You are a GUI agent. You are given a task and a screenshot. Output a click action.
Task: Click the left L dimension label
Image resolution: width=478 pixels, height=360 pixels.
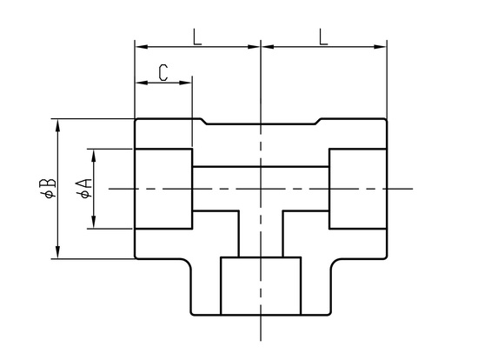tap(197, 37)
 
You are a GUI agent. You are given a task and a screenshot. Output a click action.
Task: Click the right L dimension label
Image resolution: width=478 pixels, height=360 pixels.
tap(323, 37)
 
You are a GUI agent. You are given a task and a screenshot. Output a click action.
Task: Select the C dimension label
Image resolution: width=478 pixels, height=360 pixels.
tap(163, 73)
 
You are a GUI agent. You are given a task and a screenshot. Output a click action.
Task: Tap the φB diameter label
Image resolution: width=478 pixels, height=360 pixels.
tap(48, 188)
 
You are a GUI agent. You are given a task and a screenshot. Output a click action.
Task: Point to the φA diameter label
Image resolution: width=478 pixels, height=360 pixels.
tap(83, 188)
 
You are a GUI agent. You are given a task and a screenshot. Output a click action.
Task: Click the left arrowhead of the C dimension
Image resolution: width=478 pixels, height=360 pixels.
tap(142, 83)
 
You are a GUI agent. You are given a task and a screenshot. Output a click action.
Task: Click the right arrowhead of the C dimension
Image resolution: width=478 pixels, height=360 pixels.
tap(185, 83)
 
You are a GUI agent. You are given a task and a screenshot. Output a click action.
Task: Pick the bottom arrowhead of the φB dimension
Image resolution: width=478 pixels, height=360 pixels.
tap(57, 252)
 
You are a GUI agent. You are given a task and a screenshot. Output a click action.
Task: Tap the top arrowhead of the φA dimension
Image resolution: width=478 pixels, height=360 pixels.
tap(94, 156)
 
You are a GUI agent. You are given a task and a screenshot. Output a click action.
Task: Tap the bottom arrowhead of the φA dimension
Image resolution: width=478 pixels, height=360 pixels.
tap(94, 222)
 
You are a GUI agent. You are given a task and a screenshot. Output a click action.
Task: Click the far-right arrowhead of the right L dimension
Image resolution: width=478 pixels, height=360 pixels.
tap(380, 47)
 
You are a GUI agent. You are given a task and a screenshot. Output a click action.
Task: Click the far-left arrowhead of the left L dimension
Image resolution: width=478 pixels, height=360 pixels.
tap(142, 47)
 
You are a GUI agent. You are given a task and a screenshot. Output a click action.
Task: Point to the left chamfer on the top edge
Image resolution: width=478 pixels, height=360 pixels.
tap(204, 122)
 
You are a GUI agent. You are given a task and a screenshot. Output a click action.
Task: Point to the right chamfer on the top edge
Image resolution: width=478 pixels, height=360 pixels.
tap(318, 122)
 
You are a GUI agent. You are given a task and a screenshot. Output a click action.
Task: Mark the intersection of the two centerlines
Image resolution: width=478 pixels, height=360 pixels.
tap(261, 189)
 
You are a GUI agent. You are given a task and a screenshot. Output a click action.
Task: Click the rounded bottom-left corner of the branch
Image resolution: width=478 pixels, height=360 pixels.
tap(192, 313)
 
